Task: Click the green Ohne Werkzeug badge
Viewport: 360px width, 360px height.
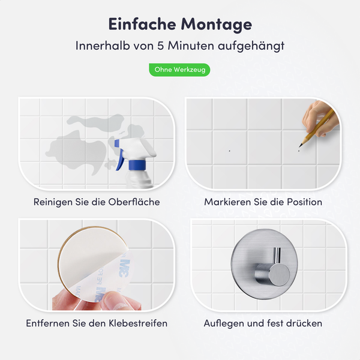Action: (179, 70)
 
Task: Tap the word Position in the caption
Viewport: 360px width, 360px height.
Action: (302, 202)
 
